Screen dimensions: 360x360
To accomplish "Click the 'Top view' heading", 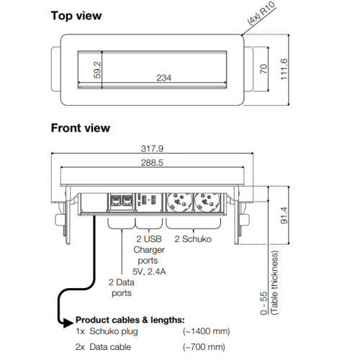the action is coord(76,16).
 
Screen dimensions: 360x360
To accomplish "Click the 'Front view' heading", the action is coord(81,128).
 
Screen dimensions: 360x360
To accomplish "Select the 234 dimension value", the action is coord(164,78).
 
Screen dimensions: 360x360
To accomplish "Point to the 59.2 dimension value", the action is coord(97,70).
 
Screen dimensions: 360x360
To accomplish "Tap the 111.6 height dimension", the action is coord(284,69).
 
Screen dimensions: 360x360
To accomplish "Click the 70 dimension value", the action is coord(264,69).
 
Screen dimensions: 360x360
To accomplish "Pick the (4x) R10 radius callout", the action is coord(261,13).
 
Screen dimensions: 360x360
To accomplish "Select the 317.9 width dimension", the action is coord(152,148).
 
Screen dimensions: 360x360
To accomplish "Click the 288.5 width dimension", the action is coord(152,163).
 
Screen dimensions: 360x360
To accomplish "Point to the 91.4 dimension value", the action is coord(284,215).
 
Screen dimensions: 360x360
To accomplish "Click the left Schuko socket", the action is coord(179,202).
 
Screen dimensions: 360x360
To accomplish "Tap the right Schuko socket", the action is coord(207,202).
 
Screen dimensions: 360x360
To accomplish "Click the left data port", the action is coord(116,201).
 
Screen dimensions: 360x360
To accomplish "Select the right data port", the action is coord(127,201).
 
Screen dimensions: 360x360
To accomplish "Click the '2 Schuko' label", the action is coord(193,239).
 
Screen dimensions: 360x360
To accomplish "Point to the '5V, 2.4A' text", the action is coord(149,271).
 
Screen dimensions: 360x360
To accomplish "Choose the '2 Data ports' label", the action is coord(122,287).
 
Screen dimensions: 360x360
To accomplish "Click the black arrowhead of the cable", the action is coord(68,323).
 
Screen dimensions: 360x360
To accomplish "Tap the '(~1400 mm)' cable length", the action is coord(206,331).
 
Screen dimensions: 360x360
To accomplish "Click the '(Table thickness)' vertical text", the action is coord(274,283).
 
